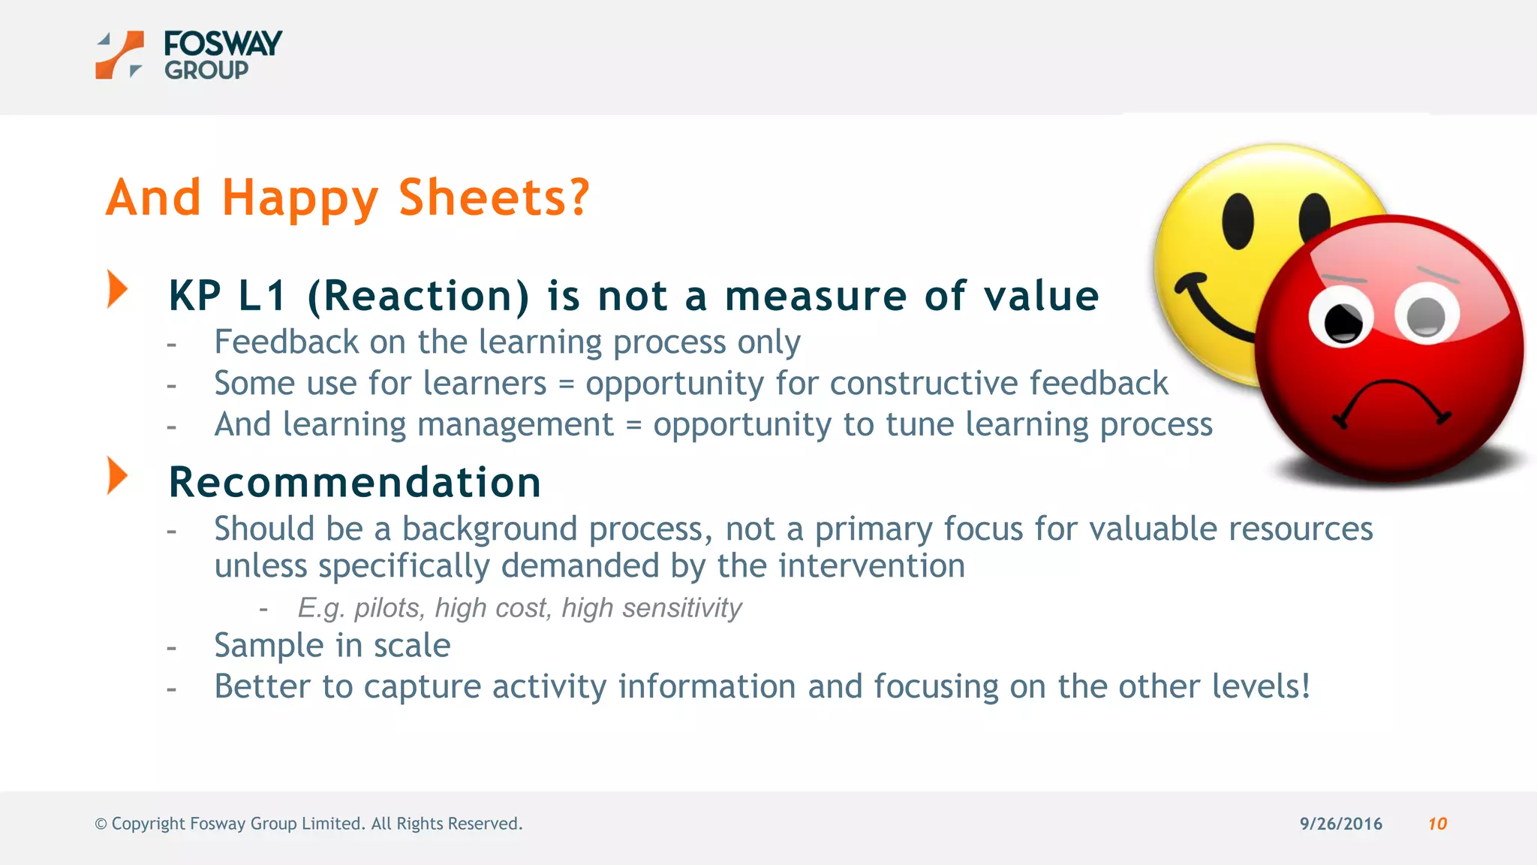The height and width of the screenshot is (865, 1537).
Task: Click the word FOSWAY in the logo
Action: coord(223,44)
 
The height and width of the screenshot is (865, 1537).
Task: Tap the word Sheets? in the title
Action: coord(494,198)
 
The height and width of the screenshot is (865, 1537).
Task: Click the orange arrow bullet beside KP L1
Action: coord(117,289)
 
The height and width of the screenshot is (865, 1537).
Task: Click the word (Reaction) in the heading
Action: coord(419,296)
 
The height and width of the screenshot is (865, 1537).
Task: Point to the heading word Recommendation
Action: coord(354,482)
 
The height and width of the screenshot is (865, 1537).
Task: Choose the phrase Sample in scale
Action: coord(332,645)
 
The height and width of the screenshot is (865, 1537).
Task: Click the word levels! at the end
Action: coord(1262,686)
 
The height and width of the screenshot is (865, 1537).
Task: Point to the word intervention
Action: coord(871,565)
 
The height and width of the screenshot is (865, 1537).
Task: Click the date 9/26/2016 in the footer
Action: coord(1340,824)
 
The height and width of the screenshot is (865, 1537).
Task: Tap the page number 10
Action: coord(1437,824)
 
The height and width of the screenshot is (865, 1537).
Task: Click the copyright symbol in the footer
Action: coord(101,824)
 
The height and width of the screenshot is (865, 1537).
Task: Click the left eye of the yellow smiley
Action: coord(1238,221)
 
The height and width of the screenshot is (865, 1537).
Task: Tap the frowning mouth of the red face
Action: coord(1391,402)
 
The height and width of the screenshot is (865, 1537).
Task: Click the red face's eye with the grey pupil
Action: coord(1425,316)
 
